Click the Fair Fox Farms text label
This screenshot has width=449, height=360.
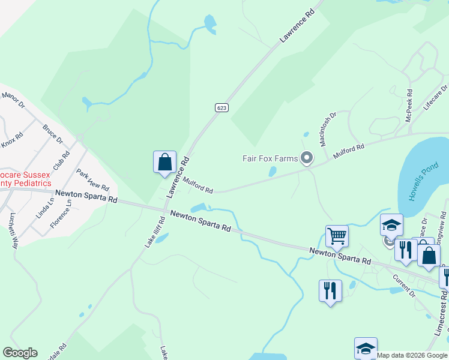point(270,158)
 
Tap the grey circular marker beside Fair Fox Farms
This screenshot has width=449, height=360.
point(307,158)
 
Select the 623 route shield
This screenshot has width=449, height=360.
point(221,107)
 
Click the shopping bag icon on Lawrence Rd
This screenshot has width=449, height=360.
point(164,162)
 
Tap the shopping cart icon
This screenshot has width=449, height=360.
point(337,236)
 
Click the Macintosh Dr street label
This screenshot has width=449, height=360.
point(327,128)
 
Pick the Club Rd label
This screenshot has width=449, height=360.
point(61,159)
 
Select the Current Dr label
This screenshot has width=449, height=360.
point(403,284)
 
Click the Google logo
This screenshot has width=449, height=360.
point(20,353)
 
